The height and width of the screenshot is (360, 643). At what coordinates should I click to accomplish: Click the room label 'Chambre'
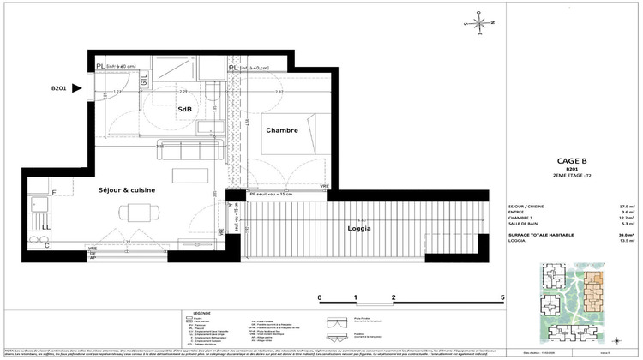coord(281,130)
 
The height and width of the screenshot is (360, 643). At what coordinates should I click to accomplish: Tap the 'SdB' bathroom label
coord(184,111)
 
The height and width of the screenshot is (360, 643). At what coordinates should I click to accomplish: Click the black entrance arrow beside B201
coord(77,87)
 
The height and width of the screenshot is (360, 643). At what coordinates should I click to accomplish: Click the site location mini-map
coord(571,301)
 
